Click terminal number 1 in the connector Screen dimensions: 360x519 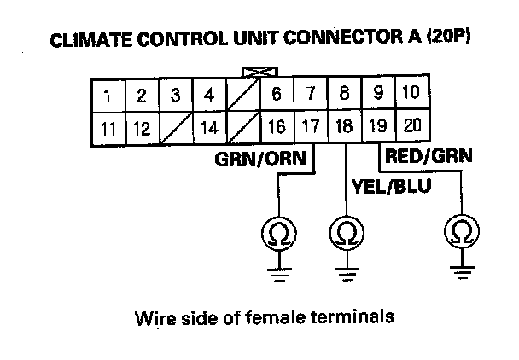click(108, 96)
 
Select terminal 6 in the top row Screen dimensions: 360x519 click(277, 96)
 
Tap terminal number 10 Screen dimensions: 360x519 click(410, 94)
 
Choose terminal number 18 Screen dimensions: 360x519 click(344, 127)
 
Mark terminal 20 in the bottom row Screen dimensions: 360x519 click(411, 126)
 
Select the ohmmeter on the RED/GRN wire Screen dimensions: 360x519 click(462, 230)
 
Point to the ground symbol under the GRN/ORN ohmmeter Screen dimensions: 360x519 click(277, 273)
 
